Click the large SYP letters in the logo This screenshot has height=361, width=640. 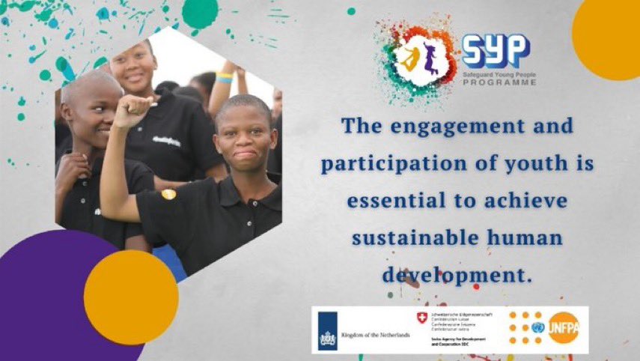(495, 51)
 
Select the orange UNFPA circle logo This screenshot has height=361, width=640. (564, 328)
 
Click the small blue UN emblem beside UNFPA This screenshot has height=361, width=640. (537, 327)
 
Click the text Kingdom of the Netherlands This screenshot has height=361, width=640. (375, 334)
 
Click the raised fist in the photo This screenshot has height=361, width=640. (132, 110)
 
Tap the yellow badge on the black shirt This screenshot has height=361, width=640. (168, 194)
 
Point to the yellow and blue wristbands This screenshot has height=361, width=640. (225, 76)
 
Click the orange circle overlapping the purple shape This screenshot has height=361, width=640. (131, 297)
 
